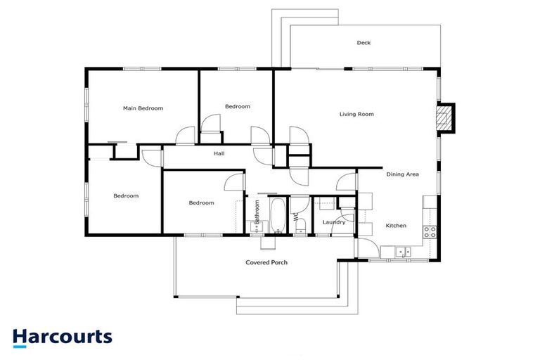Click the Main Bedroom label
[143, 108]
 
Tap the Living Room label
[356, 114]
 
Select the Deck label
[364, 43]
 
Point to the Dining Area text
[402, 174]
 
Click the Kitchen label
[396, 226]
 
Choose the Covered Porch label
[266, 263]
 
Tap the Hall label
[219, 153]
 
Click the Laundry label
[334, 222]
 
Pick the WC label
[297, 217]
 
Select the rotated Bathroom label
[258, 212]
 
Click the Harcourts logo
[63, 336]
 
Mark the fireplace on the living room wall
[444, 117]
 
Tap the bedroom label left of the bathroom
[201, 203]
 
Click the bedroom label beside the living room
[237, 106]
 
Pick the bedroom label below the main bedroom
[126, 196]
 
